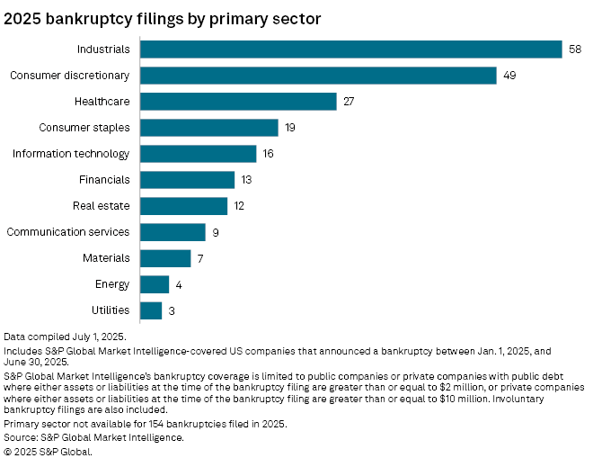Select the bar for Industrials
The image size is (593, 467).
coord(351,49)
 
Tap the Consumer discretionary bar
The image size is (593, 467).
coord(319,76)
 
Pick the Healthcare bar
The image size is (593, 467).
coord(239,102)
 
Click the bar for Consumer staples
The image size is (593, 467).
coord(210,128)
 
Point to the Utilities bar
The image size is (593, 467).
coord(152,310)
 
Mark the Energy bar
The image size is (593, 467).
coord(155,284)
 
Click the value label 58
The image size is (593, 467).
coord(576,49)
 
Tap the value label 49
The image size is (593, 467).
coord(509,76)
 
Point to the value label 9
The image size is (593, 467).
coord(216,232)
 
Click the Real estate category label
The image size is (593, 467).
coord(102,206)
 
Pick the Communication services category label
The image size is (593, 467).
coord(68,232)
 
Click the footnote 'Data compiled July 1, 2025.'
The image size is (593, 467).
coord(65,335)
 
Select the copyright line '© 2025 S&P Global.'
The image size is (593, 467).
coord(49,452)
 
